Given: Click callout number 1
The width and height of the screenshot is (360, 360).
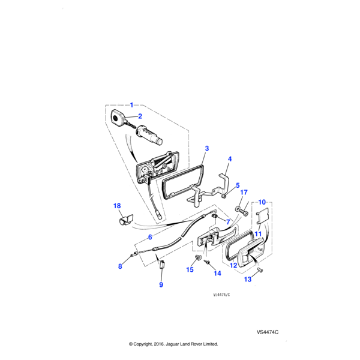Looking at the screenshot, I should (x=132, y=105).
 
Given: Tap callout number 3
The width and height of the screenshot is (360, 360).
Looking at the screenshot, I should (x=206, y=148).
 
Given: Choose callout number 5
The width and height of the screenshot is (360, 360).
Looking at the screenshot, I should (x=237, y=185).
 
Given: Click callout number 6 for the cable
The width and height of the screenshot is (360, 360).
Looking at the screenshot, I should (x=149, y=237).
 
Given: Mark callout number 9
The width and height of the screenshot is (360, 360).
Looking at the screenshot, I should (x=161, y=284).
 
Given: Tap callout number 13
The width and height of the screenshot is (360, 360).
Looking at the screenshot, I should (x=247, y=280).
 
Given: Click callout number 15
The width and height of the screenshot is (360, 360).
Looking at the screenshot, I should (x=190, y=269).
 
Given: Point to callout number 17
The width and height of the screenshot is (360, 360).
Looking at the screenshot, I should (x=244, y=193).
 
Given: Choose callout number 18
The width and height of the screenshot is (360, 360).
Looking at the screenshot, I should (x=117, y=206).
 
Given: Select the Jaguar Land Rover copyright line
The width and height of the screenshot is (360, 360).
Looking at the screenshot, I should (x=173, y=344).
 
